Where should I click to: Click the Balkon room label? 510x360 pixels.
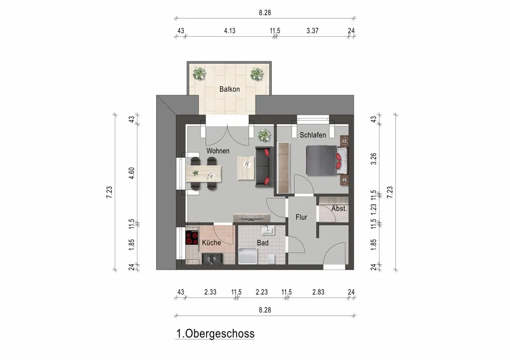coord(229,89)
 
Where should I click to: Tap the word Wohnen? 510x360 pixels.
coord(218,151)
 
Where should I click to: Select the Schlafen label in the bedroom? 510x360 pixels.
coord(313,135)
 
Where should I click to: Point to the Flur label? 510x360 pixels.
coord(301,217)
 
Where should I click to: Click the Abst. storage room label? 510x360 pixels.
coord(339,209)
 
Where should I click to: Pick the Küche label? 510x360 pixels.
coord(212,243)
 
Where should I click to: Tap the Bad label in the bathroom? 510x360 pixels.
coord(263,243)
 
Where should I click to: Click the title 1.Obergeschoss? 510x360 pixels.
coord(215,334)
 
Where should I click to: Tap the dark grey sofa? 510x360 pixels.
coord(264,166)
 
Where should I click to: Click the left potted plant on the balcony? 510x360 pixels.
coord(198,74)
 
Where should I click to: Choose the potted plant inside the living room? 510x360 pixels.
coord(264,135)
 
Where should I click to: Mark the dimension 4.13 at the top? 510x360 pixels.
coord(229,31)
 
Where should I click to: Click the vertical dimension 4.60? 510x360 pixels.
coord(132,172)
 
